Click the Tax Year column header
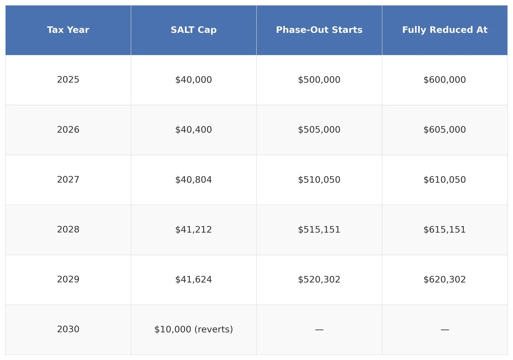(68, 30)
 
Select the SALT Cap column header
(194, 30)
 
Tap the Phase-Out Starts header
(319, 30)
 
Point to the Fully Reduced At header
(445, 30)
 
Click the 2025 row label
(68, 80)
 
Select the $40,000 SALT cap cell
(194, 80)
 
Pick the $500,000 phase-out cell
(319, 80)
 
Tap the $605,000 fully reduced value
(445, 130)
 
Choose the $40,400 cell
(194, 130)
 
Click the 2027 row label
(68, 180)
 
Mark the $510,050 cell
(319, 180)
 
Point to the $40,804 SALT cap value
(194, 180)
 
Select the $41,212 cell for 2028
(194, 230)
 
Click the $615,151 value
(445, 230)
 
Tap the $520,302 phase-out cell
(319, 280)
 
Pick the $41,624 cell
(194, 280)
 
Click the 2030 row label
(68, 329)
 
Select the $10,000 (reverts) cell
(194, 329)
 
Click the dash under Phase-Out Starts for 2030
(319, 330)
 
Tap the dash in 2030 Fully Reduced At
(445, 330)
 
